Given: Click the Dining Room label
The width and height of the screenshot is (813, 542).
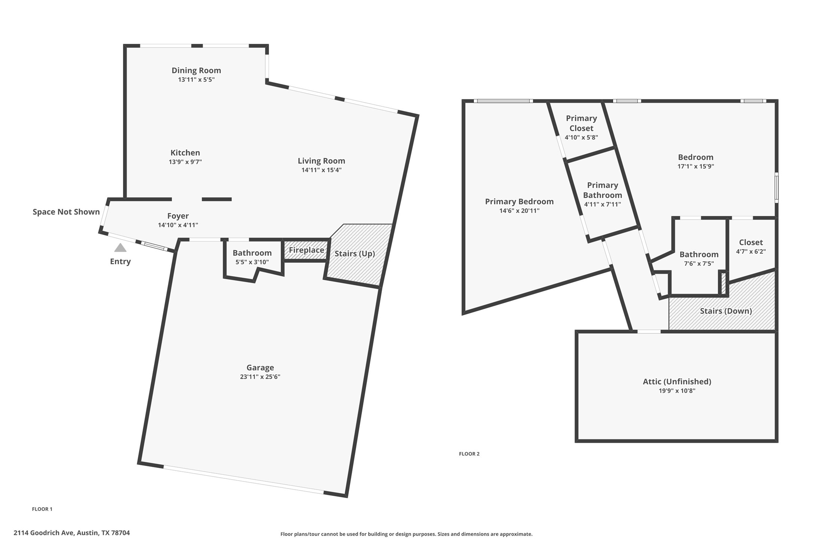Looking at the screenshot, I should [196, 70].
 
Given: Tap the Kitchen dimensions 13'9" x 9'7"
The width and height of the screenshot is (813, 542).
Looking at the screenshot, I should [185, 162].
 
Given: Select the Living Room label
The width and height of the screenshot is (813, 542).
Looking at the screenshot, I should [321, 161].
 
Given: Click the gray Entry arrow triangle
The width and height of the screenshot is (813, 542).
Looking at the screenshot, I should [120, 248].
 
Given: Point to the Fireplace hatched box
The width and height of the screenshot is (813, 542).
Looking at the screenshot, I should [306, 250].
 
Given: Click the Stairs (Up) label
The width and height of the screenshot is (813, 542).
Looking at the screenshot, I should [354, 254].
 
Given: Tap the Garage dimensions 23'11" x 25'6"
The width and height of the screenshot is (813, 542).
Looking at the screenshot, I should [260, 377].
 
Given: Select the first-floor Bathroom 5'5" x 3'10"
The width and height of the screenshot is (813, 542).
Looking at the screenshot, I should [252, 257].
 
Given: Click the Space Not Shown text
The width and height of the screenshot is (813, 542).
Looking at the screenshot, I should [66, 212].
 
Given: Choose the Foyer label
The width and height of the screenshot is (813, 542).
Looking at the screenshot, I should [178, 216].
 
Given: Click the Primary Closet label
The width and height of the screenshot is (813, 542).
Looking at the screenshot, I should [581, 123].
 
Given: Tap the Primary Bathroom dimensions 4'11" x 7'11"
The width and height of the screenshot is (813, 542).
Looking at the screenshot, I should [602, 204].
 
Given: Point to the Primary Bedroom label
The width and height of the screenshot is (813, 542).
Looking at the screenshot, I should [519, 202].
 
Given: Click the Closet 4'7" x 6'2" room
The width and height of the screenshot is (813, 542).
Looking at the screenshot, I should [750, 247].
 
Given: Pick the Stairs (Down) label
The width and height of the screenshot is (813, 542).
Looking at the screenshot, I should [725, 311].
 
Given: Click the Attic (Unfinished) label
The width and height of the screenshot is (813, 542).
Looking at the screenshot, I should [677, 381].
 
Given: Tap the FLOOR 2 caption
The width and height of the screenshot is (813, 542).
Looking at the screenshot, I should [469, 454].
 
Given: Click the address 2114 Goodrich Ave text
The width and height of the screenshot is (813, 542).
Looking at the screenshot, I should [71, 533].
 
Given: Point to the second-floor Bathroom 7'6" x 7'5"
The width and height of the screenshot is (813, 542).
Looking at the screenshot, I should [698, 259].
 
